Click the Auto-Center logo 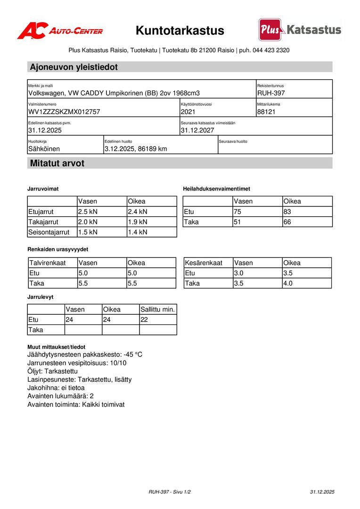click(x=60, y=31)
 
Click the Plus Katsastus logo click(x=300, y=30)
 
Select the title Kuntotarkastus click(x=180, y=31)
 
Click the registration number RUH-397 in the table click(x=271, y=93)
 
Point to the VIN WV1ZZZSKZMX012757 click(x=64, y=112)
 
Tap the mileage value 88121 click(x=266, y=112)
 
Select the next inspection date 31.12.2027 click(x=197, y=130)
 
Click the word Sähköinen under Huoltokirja click(x=44, y=149)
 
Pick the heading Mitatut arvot click(x=57, y=164)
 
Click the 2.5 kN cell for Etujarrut click(x=88, y=212)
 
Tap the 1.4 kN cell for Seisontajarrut click(x=138, y=232)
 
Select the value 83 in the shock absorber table click(x=288, y=212)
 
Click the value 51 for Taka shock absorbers click(x=238, y=222)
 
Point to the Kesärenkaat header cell click(x=204, y=263)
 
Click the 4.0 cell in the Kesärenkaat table click(x=288, y=283)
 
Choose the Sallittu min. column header click(x=158, y=310)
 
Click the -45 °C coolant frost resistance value click(x=133, y=354)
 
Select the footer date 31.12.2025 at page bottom click(x=322, y=492)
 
